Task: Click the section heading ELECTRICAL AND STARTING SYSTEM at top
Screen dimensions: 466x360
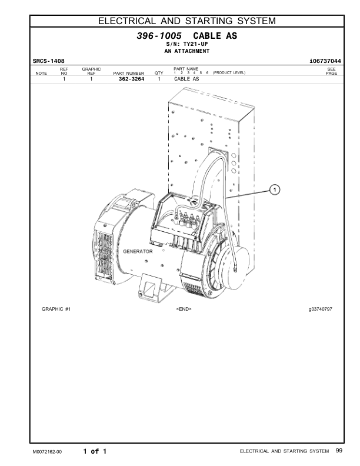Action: pos(186,22)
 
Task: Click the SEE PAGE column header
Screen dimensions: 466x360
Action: pos(331,71)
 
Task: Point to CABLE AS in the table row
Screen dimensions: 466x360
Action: pos(187,78)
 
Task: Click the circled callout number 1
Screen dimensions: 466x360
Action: pos(274,189)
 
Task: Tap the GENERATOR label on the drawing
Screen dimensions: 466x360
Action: pos(138,251)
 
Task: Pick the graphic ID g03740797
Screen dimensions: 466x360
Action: pos(320,308)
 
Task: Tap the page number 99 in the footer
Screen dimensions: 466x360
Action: pos(339,451)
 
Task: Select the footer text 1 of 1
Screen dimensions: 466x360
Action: pos(95,451)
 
